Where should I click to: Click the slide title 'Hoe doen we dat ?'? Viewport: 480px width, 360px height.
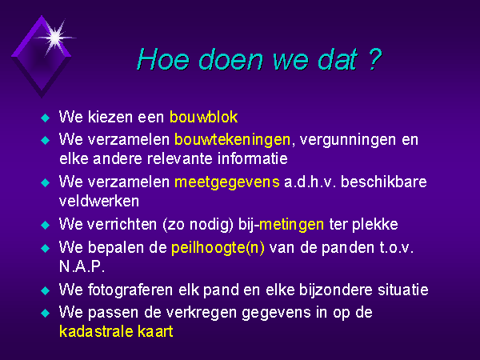point(259,59)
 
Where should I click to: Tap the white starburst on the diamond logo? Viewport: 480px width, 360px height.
point(55,38)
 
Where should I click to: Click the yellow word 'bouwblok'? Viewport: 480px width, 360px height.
point(203,117)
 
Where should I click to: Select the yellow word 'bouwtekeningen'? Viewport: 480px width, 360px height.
point(232,140)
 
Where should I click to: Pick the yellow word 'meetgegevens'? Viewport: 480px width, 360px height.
point(227,182)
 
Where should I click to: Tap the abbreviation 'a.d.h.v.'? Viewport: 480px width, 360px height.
point(310,182)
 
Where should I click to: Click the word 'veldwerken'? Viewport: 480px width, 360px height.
point(99,201)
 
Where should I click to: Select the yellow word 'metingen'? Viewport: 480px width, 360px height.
point(291,225)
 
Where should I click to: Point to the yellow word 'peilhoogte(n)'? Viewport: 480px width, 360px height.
point(218,248)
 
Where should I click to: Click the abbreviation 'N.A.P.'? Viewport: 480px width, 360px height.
point(82,266)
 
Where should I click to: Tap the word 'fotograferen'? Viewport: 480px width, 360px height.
point(130,290)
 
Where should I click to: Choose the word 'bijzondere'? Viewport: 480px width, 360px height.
point(335,290)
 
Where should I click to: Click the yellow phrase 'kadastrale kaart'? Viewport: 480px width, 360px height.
point(116,331)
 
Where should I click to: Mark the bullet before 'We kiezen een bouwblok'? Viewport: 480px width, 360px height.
point(46,118)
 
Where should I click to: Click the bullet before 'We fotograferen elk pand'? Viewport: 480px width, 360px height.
point(46,290)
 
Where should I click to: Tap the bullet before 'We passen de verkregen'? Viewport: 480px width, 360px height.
point(46,313)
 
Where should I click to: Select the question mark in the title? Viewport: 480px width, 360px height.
point(374,58)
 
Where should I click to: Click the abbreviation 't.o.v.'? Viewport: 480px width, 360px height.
point(397,248)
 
